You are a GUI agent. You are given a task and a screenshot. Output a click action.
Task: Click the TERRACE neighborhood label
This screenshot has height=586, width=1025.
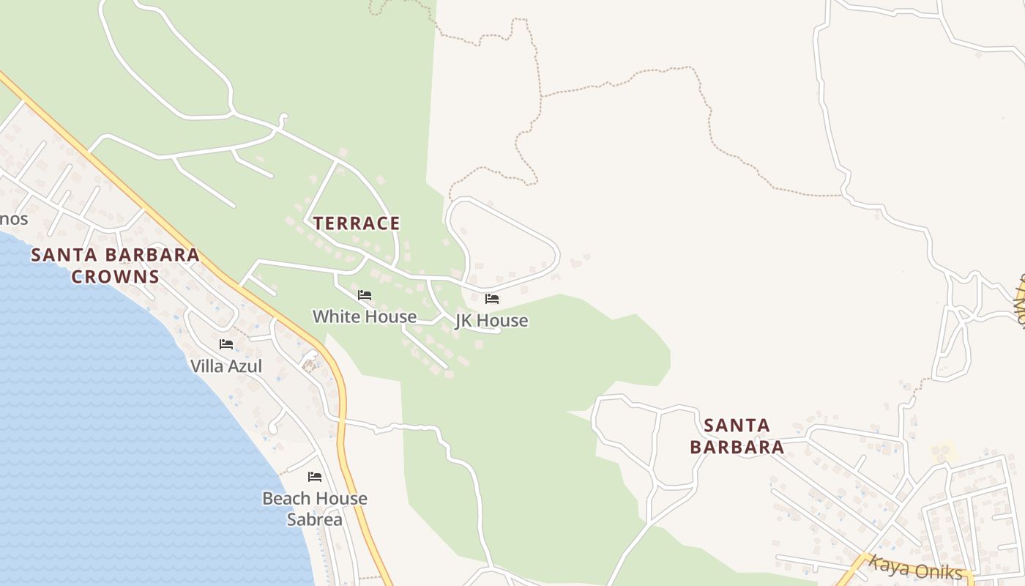(x=357, y=223)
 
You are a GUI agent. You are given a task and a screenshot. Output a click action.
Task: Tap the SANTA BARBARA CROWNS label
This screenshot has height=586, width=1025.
(x=115, y=265)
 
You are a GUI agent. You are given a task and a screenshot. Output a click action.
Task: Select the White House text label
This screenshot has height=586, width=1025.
(x=365, y=316)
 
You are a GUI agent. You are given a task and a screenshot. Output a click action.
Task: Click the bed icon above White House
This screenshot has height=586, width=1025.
(x=365, y=295)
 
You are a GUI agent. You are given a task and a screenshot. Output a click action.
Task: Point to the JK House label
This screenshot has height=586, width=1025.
(x=491, y=321)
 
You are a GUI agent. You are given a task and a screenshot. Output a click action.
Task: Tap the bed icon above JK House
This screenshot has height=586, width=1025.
(x=492, y=299)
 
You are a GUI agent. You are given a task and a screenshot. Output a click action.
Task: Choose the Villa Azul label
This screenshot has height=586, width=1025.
(x=226, y=366)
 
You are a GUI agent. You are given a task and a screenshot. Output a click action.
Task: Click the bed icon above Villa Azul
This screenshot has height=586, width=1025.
(x=226, y=344)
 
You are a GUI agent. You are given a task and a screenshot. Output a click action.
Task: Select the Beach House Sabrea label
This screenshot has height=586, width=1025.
(x=315, y=508)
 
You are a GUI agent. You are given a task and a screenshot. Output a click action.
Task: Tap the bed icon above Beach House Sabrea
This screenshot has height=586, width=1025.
(x=315, y=477)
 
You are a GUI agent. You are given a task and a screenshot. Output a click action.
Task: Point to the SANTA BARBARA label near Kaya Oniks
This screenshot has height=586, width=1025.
(x=737, y=436)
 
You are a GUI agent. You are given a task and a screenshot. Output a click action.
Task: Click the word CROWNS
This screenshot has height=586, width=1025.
(x=115, y=276)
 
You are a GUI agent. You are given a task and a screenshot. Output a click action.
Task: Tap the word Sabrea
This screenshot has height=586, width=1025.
(x=315, y=519)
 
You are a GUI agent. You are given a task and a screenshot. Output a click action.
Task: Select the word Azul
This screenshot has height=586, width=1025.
(x=245, y=366)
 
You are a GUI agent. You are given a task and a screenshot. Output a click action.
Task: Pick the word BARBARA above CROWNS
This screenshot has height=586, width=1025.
(x=153, y=255)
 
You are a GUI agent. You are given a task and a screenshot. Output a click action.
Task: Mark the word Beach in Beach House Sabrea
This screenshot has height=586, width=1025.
(x=283, y=498)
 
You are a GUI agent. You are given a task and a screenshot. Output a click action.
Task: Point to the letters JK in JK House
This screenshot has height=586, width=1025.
(x=464, y=321)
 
